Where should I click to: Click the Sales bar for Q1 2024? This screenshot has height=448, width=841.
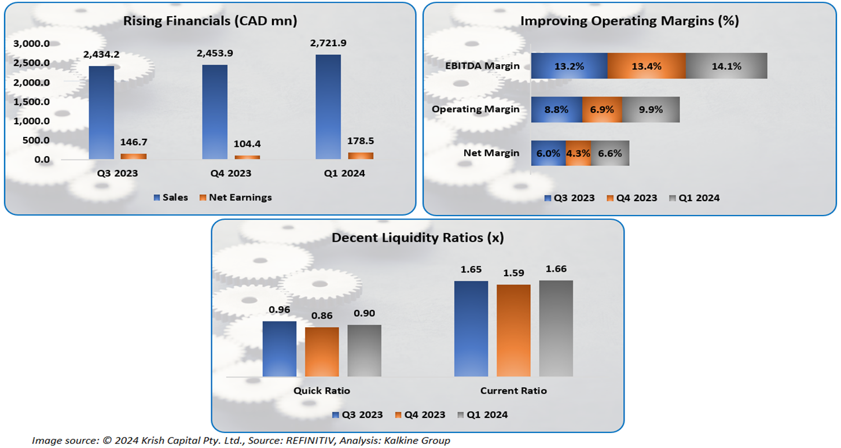[x=328, y=107]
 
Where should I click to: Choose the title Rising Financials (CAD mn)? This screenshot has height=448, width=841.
[x=210, y=21]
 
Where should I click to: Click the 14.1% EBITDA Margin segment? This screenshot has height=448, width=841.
[x=726, y=66]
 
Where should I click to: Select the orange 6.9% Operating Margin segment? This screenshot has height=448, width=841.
[x=602, y=109]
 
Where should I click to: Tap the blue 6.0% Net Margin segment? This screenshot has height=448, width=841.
[x=548, y=153]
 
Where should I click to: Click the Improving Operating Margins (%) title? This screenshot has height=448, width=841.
[x=630, y=21]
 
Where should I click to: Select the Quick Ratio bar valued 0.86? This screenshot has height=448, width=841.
[x=322, y=352]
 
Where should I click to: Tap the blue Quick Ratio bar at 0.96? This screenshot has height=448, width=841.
[x=280, y=349]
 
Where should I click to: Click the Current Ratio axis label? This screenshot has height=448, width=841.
[x=513, y=391]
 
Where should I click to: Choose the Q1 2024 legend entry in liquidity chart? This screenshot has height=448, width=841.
[x=483, y=414]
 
